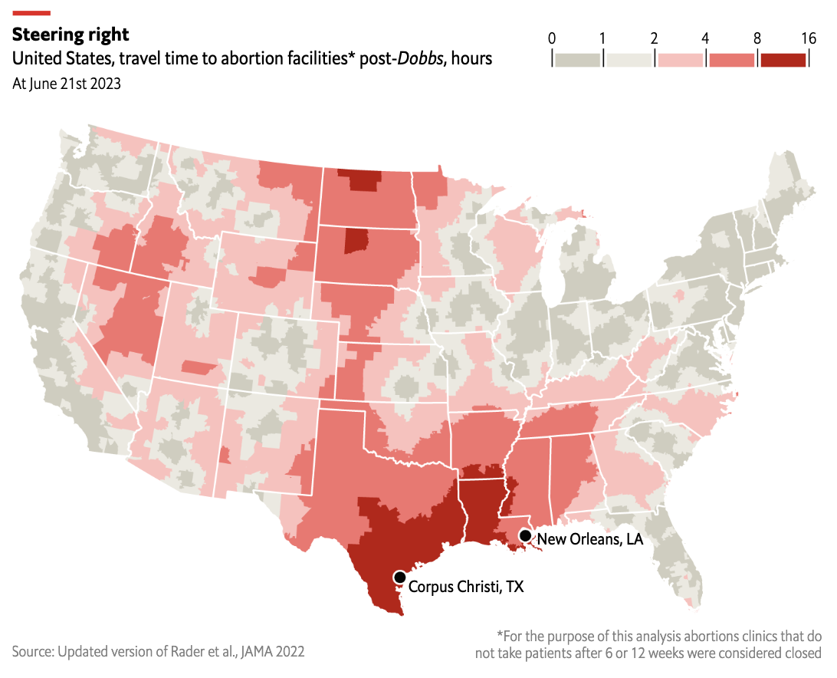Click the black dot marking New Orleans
(525, 536)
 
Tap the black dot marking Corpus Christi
(399, 577)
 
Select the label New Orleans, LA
(589, 539)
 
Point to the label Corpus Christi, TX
(466, 587)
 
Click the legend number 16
(808, 38)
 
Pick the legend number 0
(552, 38)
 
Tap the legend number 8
(757, 38)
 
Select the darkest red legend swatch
(783, 60)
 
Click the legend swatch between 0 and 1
(578, 60)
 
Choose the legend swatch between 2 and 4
(681, 60)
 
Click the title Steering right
(71, 35)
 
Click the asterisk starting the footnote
(500, 636)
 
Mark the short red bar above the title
(31, 12)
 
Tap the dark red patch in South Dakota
(355, 241)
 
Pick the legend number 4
(705, 38)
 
